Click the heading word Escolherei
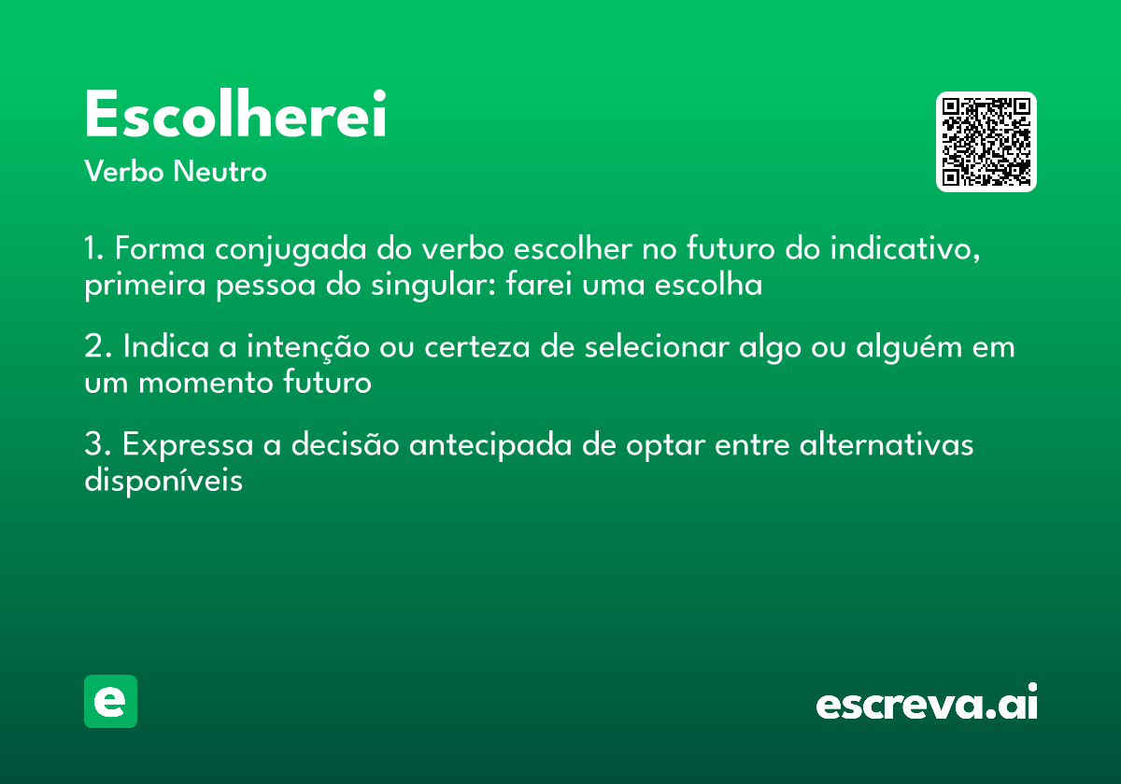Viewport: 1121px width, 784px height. [235, 116]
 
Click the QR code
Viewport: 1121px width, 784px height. [986, 142]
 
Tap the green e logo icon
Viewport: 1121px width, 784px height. [110, 701]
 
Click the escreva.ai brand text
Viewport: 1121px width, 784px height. [927, 705]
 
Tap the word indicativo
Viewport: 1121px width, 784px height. [905, 250]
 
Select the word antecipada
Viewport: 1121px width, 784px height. [490, 446]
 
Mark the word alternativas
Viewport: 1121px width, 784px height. [886, 445]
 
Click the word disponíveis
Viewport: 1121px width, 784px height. [163, 481]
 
